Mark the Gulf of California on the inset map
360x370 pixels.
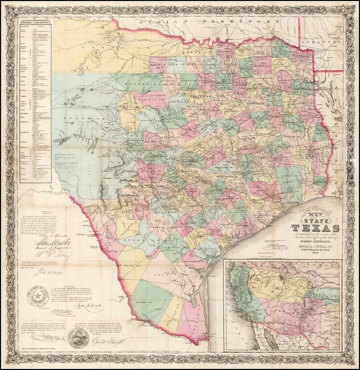[263, 332]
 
